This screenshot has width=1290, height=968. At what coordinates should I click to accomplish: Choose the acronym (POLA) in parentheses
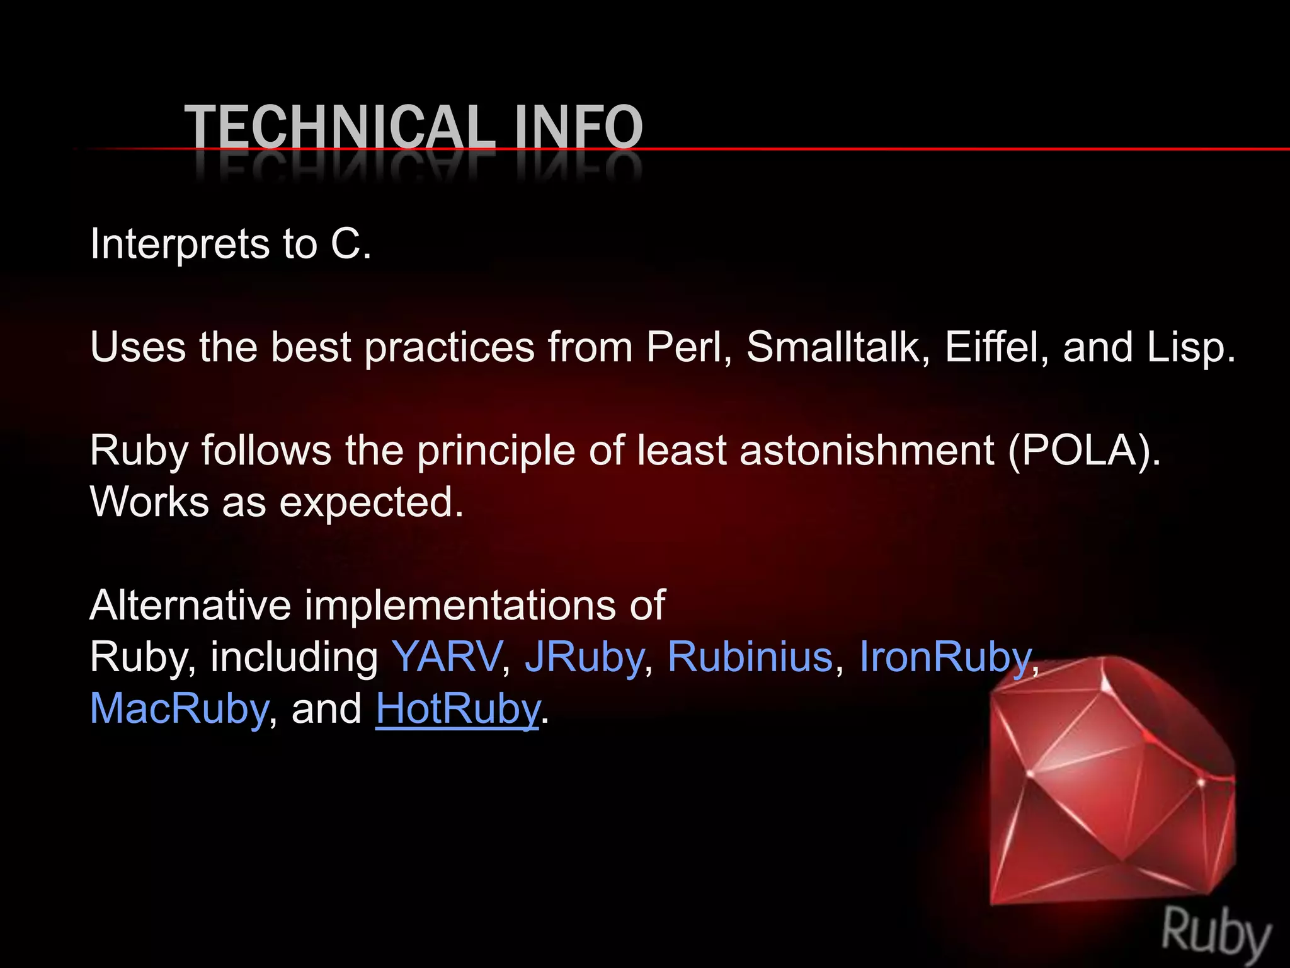[x=1083, y=451]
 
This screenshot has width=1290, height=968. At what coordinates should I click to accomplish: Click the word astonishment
[x=867, y=451]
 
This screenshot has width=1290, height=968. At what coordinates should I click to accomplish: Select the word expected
[x=371, y=503]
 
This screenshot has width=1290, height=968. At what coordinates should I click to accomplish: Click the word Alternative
[x=190, y=605]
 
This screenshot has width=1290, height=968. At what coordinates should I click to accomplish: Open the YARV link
[x=447, y=657]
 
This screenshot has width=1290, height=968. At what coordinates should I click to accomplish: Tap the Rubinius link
[x=750, y=657]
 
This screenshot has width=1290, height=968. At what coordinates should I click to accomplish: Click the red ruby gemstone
[x=1109, y=781]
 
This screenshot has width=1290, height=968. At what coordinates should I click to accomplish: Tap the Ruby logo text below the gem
[x=1216, y=931]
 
